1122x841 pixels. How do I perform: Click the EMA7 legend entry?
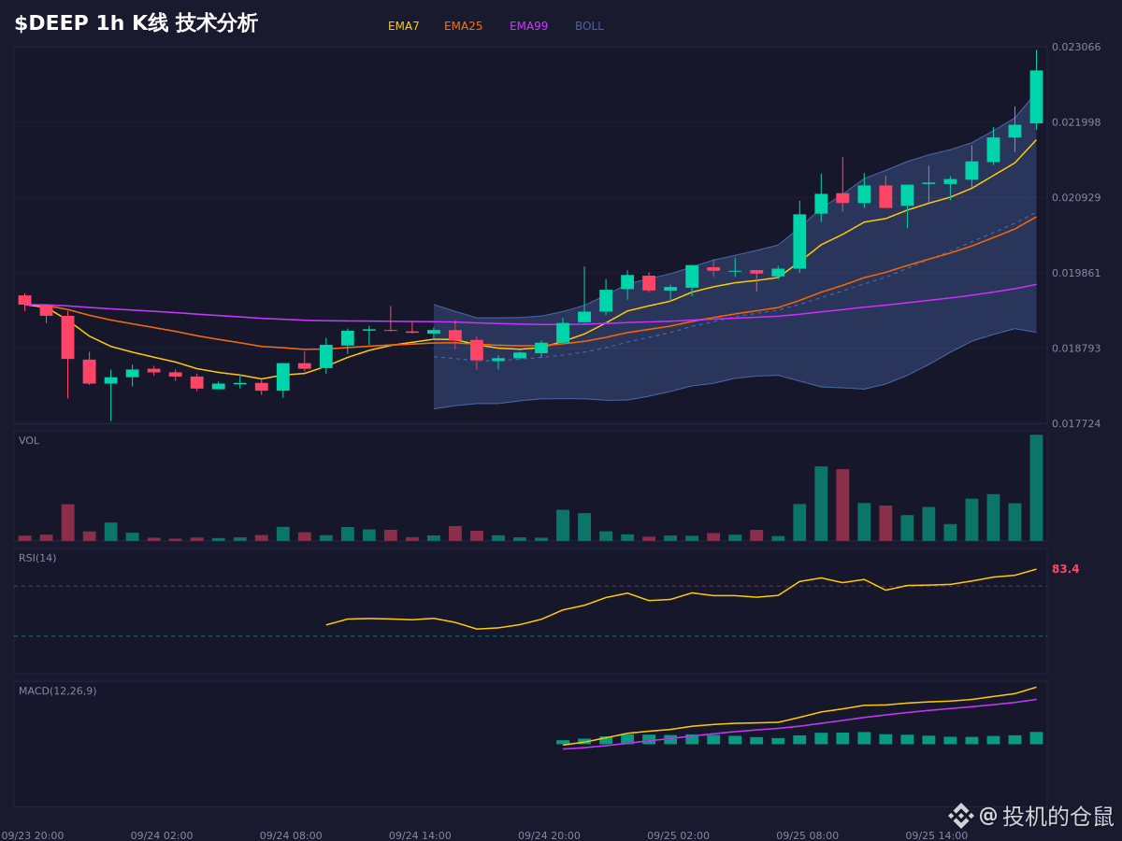pyautogui.click(x=403, y=26)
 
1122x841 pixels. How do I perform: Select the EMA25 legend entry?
pyautogui.click(x=463, y=26)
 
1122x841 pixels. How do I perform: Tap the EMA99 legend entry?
pyautogui.click(x=528, y=26)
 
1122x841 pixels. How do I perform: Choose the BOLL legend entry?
pyautogui.click(x=589, y=26)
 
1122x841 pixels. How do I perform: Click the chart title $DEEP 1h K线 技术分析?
pyautogui.click(x=136, y=23)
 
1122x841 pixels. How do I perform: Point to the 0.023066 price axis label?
pyautogui.click(x=1076, y=47)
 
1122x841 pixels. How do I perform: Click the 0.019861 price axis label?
pyautogui.click(x=1076, y=273)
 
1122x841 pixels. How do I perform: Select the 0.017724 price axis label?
pyautogui.click(x=1076, y=424)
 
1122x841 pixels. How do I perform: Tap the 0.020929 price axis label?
pyautogui.click(x=1076, y=197)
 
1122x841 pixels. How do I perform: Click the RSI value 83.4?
pyautogui.click(x=1065, y=569)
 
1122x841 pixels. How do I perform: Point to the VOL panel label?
pyautogui.click(x=29, y=441)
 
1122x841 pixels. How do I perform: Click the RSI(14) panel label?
pyautogui.click(x=37, y=558)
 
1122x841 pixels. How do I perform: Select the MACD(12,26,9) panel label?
pyautogui.click(x=57, y=691)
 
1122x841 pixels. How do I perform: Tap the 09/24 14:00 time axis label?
pyautogui.click(x=420, y=835)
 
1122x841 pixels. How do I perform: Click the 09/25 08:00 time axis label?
pyautogui.click(x=807, y=835)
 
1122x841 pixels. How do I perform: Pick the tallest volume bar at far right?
pyautogui.click(x=1036, y=488)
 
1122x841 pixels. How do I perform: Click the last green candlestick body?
pyautogui.click(x=1036, y=97)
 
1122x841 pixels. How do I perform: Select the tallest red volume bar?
pyautogui.click(x=842, y=505)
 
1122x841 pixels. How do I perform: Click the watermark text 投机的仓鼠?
pyautogui.click(x=1057, y=816)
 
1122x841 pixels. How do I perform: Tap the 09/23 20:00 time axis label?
pyautogui.click(x=32, y=835)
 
